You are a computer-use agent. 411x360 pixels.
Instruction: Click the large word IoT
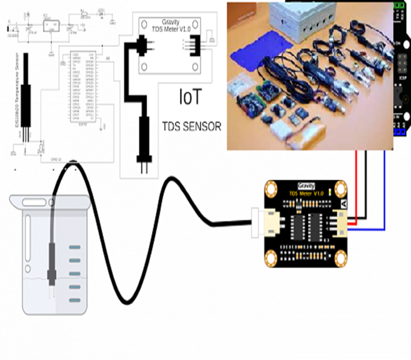tap(190, 97)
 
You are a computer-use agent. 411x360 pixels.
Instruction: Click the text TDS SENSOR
tap(192, 127)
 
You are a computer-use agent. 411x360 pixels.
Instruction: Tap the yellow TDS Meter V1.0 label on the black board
tap(306, 194)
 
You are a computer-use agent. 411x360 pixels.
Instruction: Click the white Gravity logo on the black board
tap(306, 186)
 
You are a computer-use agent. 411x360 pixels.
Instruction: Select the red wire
tap(356, 187)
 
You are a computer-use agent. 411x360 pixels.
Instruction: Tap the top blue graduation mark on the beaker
tap(75, 247)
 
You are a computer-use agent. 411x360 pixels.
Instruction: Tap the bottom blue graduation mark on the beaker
tap(75, 300)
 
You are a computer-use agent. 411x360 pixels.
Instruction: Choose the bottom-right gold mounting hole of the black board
tap(341, 259)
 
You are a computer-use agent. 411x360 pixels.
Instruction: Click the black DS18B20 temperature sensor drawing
tap(27, 91)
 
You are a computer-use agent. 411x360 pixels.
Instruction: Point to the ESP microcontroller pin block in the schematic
tap(83, 87)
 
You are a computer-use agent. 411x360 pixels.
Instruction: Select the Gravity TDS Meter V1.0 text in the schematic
tap(170, 26)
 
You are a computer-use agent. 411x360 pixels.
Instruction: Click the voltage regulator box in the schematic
tap(51, 26)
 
